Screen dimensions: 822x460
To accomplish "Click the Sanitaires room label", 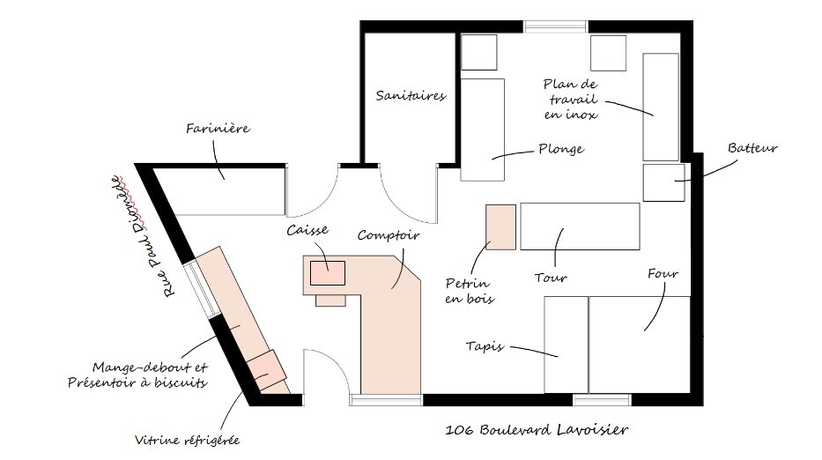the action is click(x=411, y=95).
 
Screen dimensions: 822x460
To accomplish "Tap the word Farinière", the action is click(x=218, y=129).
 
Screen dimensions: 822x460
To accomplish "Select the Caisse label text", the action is click(x=307, y=230).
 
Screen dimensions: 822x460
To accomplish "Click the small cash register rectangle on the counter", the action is click(x=328, y=273).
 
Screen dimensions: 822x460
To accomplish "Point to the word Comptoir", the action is click(x=389, y=235).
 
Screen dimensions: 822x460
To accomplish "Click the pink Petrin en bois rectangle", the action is click(x=500, y=227).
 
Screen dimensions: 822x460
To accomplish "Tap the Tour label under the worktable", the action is click(x=551, y=278).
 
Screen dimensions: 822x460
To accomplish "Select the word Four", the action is click(x=663, y=274).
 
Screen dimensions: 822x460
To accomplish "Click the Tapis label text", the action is click(x=485, y=346).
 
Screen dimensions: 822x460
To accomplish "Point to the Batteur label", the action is click(x=752, y=148).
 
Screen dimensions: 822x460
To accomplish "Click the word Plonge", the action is click(x=561, y=150).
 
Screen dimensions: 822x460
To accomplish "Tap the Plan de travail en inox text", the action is click(x=571, y=99).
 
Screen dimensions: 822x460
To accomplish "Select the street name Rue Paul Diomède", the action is click(x=143, y=236).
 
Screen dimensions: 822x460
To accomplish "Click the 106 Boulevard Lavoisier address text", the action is click(x=537, y=430).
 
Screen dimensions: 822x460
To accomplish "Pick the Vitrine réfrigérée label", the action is click(x=187, y=440).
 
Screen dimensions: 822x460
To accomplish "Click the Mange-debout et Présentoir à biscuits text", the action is click(x=137, y=375).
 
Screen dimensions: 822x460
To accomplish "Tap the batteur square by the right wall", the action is click(x=663, y=182).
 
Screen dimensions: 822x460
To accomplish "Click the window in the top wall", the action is click(x=556, y=26).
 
